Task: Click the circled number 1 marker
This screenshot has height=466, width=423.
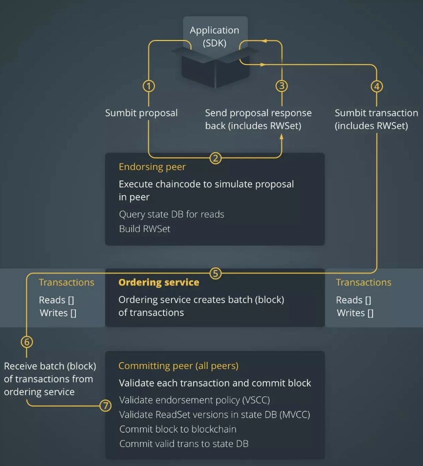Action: (x=148, y=86)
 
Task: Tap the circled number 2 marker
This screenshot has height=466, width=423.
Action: (x=215, y=158)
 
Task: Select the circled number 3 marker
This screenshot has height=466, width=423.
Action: (x=281, y=86)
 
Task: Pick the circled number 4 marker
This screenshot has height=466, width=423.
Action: (x=376, y=86)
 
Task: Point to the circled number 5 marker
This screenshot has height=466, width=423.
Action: (x=215, y=273)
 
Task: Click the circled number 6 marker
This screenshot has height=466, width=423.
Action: (x=27, y=342)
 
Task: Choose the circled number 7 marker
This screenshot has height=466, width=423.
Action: (x=105, y=405)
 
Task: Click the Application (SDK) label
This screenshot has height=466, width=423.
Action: (x=214, y=36)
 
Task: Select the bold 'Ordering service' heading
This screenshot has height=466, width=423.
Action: (x=158, y=282)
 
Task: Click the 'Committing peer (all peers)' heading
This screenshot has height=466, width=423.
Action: (x=178, y=365)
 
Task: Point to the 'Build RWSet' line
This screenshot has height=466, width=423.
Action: (x=144, y=228)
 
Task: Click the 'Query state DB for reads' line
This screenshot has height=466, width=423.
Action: (x=171, y=214)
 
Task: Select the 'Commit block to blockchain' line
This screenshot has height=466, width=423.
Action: (x=177, y=429)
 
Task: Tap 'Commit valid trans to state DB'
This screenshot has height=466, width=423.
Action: (x=183, y=443)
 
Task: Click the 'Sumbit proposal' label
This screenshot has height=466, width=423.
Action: (x=141, y=113)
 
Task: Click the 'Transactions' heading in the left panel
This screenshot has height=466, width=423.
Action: (x=66, y=282)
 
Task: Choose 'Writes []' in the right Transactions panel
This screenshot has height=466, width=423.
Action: (x=355, y=313)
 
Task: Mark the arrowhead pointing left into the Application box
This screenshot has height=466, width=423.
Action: (x=265, y=41)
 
